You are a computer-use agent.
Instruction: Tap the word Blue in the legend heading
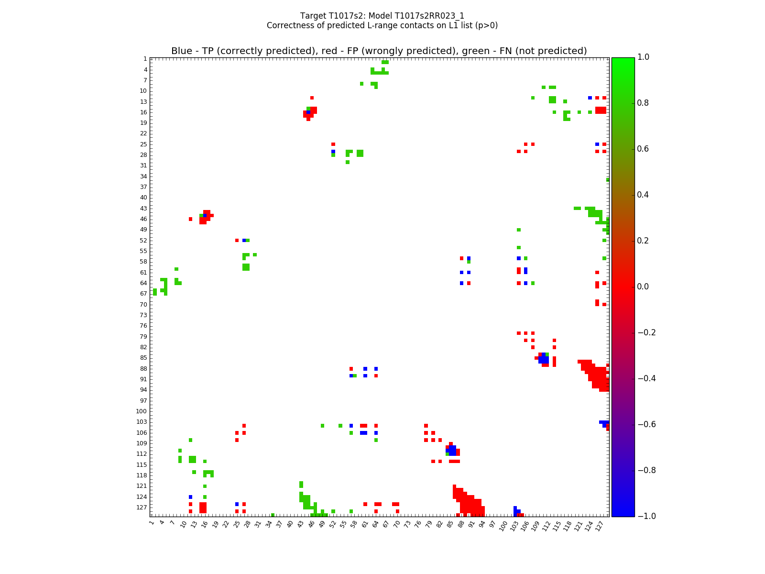(x=182, y=51)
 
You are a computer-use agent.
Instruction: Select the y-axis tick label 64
(x=143, y=283)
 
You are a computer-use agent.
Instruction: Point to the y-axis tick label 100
(x=142, y=411)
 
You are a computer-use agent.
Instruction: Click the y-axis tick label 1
(x=145, y=59)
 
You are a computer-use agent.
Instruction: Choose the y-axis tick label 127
(x=142, y=508)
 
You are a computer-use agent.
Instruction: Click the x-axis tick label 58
(x=354, y=524)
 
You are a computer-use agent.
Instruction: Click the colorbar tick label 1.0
(x=644, y=57)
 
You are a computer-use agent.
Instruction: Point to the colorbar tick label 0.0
(x=644, y=287)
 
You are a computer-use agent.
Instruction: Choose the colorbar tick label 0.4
(x=644, y=195)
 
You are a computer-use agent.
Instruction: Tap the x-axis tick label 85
(x=450, y=524)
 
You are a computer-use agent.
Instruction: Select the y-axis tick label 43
(x=143, y=209)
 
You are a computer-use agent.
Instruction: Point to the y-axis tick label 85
(x=143, y=358)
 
